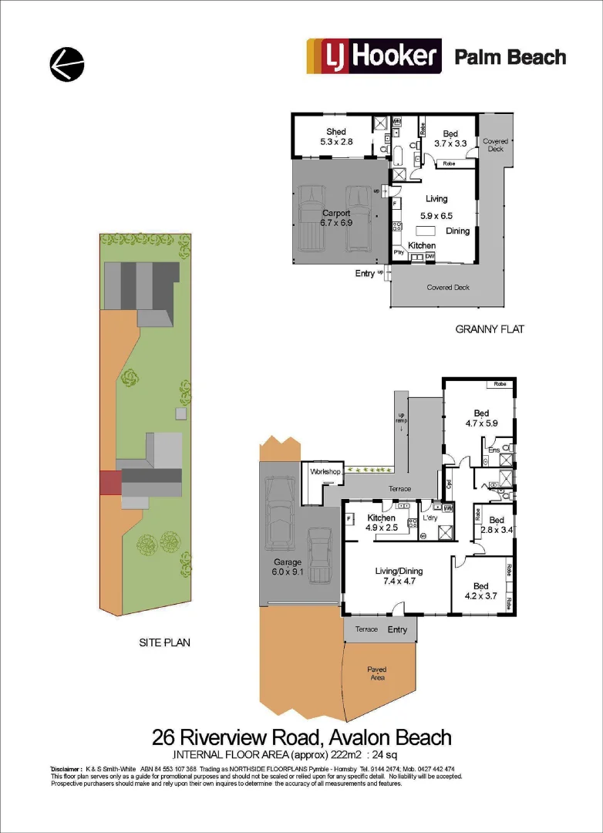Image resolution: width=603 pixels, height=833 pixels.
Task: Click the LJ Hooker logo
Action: [x=374, y=57]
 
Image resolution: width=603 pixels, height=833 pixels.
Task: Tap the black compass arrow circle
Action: [x=67, y=64]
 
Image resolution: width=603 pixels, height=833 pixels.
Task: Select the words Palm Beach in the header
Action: [x=510, y=57]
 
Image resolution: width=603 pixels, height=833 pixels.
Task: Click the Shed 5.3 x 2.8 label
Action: [x=336, y=137]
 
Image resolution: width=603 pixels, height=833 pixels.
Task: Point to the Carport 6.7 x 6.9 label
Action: [x=336, y=218]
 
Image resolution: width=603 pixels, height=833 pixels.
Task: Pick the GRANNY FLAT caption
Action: [x=490, y=329]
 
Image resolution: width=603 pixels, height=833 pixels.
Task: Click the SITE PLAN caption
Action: [x=164, y=642]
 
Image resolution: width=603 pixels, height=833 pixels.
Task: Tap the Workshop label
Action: [x=325, y=471]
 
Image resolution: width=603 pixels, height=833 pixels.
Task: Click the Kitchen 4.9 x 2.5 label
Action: [x=381, y=523]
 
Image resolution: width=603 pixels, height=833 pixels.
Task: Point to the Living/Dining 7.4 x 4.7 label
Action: [x=399, y=576]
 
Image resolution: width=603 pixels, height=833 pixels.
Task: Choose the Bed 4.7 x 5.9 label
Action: [x=481, y=418]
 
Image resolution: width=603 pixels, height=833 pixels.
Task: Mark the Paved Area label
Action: [x=377, y=673]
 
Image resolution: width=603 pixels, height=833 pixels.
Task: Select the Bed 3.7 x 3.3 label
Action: [x=451, y=138]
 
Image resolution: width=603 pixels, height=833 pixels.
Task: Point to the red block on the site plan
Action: [x=109, y=483]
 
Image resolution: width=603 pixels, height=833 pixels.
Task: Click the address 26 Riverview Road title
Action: [x=301, y=737]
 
